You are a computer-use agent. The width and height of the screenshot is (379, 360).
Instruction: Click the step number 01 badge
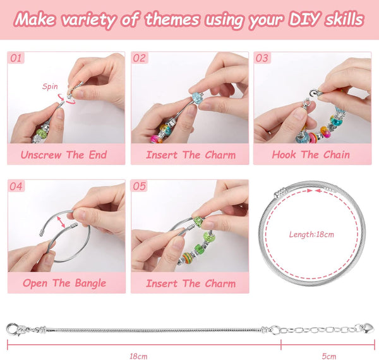click(16, 58)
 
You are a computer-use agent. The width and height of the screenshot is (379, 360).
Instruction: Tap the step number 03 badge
click(262, 58)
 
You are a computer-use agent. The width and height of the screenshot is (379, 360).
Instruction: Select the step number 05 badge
click(139, 186)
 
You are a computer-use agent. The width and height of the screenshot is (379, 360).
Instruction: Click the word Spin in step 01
click(50, 87)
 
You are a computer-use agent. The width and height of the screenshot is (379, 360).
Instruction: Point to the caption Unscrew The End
click(64, 155)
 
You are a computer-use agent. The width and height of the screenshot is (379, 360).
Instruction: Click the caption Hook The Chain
click(311, 155)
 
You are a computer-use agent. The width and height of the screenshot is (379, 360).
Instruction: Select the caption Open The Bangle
click(64, 283)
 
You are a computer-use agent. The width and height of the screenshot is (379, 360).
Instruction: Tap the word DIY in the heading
click(304, 20)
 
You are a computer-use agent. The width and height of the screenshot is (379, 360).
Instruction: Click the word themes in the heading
click(172, 20)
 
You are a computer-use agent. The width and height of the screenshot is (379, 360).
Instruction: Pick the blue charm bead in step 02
click(198, 98)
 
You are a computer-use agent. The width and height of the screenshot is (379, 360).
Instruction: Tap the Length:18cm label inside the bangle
click(311, 234)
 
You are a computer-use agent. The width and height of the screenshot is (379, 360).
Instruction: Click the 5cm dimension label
click(328, 356)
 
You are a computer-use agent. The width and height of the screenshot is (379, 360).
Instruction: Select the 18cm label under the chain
click(138, 356)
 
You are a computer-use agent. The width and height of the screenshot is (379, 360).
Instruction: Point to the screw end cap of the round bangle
click(280, 193)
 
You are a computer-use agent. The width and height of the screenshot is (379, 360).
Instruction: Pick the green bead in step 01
click(42, 133)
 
